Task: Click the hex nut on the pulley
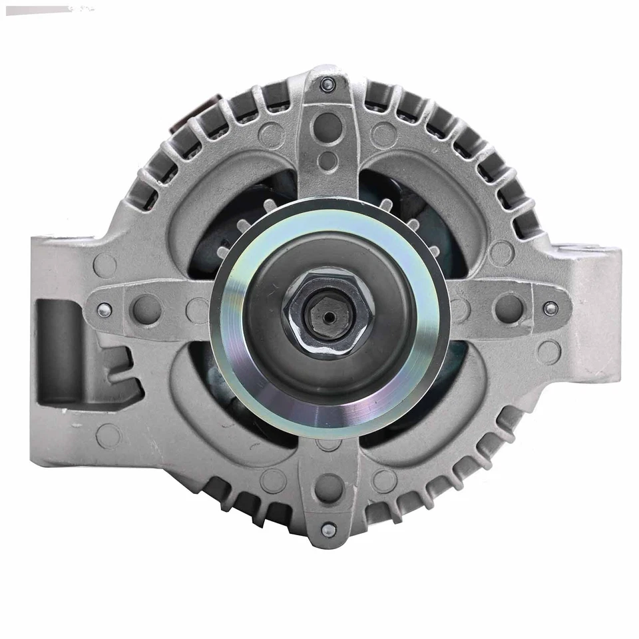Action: pos(326,313)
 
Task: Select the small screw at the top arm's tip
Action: pos(327,85)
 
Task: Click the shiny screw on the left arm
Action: pos(104,310)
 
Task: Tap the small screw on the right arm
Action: pos(550,308)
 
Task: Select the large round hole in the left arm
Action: pos(147,309)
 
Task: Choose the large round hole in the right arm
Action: pos(508,308)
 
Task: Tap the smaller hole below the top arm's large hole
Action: pos(327,160)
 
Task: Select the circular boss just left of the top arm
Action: pos(272,134)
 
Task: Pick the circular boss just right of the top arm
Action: pos(383,134)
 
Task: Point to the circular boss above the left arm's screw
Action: pos(105,265)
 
